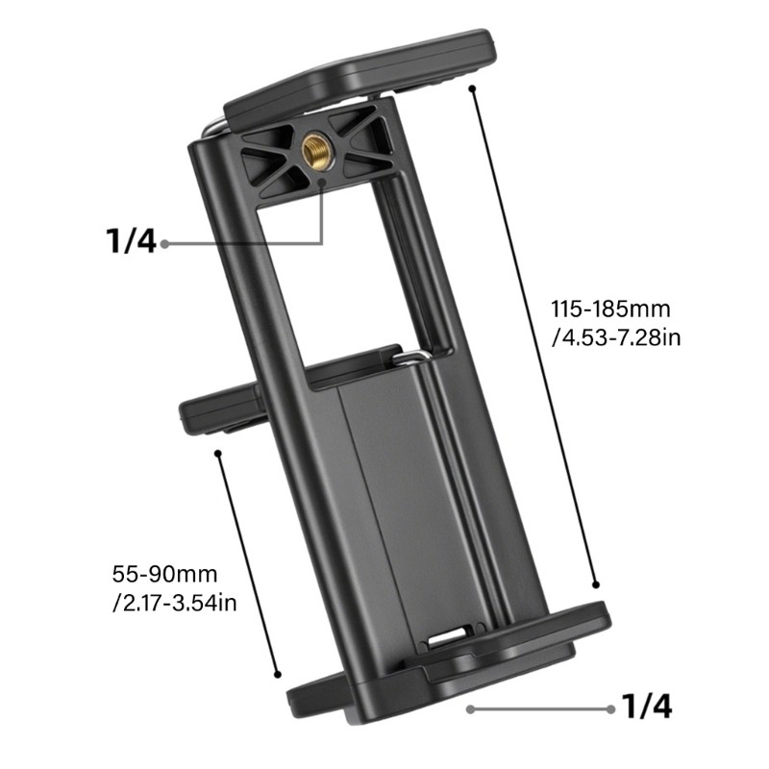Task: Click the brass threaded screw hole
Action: point(315,147)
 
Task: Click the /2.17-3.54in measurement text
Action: point(174,603)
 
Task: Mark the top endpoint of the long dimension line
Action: point(472,88)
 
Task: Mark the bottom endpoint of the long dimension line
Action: point(596,583)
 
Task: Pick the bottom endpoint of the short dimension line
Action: point(278,675)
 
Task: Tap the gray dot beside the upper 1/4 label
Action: point(165,243)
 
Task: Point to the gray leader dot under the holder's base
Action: point(470,709)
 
